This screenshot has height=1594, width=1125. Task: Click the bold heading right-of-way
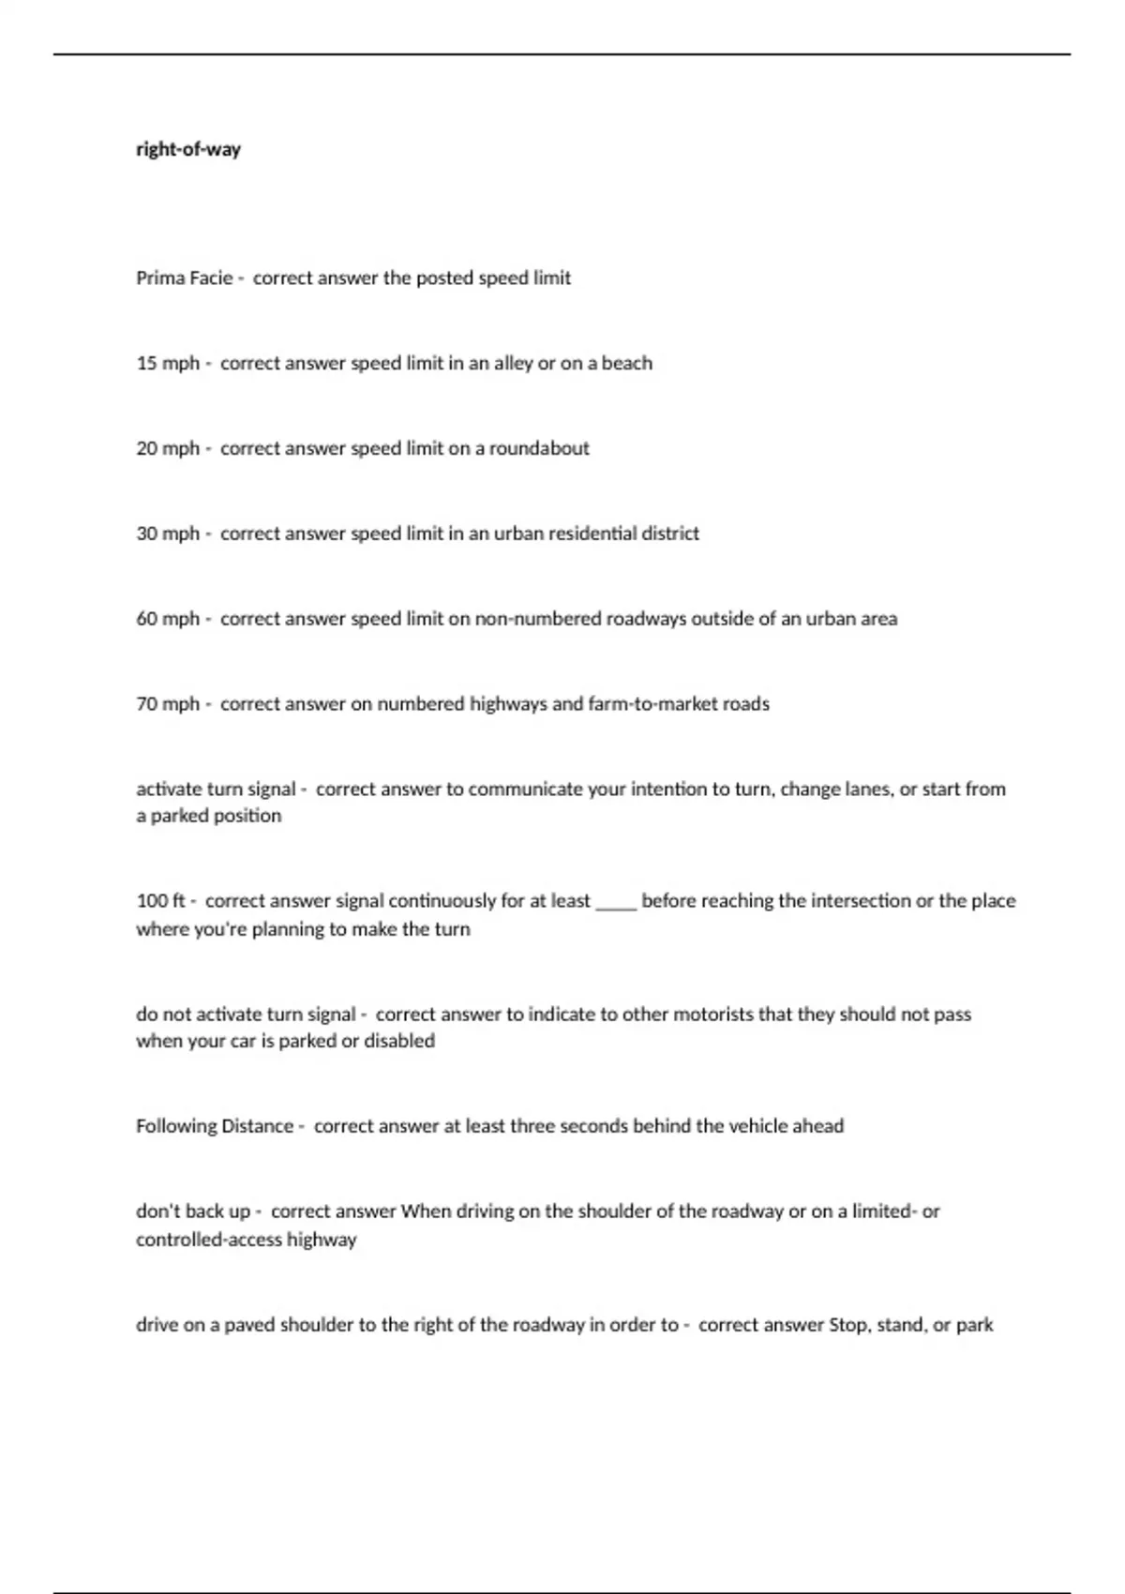[x=188, y=149]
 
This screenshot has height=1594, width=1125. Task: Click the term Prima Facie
[x=184, y=278]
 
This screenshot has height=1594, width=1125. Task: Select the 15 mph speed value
[x=168, y=363]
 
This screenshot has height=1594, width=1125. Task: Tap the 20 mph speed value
[x=168, y=448]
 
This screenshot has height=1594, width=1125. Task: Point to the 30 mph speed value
[x=168, y=534]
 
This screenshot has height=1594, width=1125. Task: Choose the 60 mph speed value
[x=168, y=619]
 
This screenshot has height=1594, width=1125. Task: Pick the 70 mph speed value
[x=168, y=704]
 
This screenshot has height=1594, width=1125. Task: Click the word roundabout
[x=539, y=448]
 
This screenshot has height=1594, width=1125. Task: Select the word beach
[x=626, y=363]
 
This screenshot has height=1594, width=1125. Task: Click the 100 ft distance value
[x=160, y=901]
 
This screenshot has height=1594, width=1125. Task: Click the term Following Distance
[x=215, y=1126]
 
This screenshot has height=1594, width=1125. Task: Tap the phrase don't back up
[x=193, y=1211]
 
